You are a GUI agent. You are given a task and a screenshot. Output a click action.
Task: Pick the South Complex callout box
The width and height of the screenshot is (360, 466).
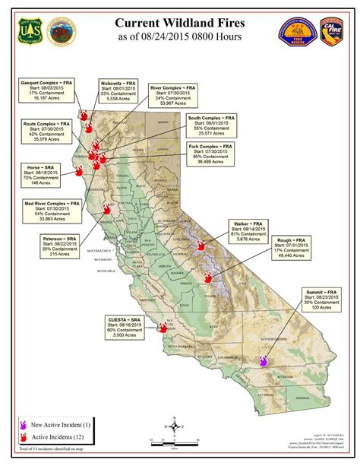pos(210,128)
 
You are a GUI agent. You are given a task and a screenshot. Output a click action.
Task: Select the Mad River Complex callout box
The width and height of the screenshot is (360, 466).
pos(52,214)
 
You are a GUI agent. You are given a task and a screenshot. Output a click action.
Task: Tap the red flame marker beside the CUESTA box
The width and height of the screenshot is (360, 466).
pos(163,328)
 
